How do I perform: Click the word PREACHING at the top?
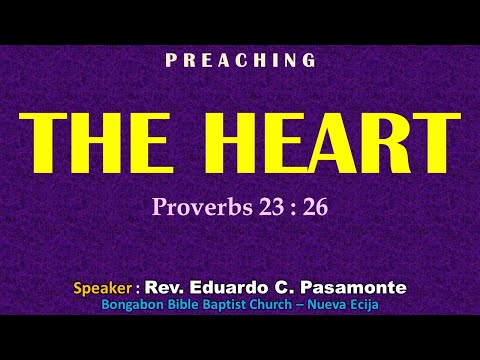(x=240, y=61)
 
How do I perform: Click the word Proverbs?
(x=193, y=207)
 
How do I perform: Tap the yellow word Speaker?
(x=102, y=288)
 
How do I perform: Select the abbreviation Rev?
(x=163, y=288)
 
